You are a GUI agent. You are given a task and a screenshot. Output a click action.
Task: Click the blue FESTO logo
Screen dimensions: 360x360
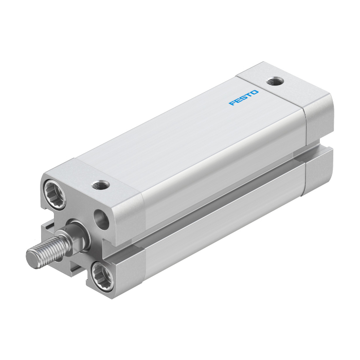coord(244,98)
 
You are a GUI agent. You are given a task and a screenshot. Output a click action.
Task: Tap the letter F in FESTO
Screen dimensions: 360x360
coord(232,102)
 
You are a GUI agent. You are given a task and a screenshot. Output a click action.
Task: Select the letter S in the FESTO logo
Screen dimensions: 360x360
coord(244,98)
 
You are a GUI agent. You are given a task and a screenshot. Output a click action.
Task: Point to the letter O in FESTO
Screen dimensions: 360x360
coord(255,93)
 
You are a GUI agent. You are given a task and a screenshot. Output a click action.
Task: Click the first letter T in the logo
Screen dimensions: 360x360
coord(249,95)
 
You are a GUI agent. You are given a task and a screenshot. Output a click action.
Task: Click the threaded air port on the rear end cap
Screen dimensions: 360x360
coord(275,81)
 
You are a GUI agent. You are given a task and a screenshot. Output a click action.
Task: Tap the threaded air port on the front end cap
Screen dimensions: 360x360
coord(100,185)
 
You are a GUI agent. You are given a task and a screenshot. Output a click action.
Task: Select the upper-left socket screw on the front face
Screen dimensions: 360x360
coord(55,194)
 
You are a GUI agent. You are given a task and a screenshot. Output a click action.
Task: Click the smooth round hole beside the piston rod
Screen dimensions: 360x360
coord(101,219)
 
